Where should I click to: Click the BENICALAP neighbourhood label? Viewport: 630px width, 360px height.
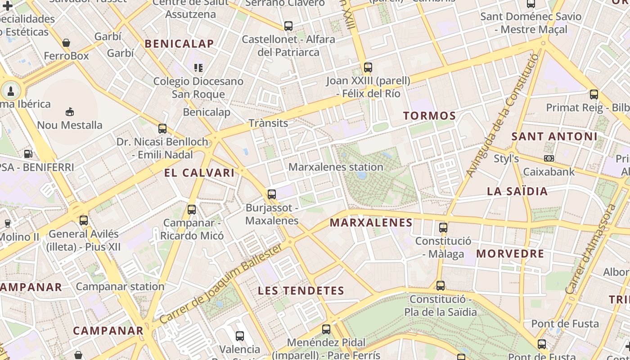click(180, 44)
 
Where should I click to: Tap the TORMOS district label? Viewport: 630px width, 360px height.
click(429, 116)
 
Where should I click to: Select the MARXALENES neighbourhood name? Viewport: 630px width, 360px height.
click(371, 222)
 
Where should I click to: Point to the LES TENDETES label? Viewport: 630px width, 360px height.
click(301, 291)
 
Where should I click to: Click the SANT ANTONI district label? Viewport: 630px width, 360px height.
click(554, 136)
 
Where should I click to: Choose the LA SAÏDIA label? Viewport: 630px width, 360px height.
click(517, 191)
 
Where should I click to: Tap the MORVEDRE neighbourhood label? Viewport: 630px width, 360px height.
click(510, 253)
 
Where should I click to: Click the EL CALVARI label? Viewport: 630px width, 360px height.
click(199, 173)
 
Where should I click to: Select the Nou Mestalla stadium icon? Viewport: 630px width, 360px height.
click(70, 112)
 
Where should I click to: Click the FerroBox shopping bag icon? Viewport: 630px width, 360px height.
click(66, 43)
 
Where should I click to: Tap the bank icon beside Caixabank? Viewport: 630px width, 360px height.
click(549, 158)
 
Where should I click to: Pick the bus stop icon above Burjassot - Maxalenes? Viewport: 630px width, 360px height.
click(272, 194)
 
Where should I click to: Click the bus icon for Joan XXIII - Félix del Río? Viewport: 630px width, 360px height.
click(368, 67)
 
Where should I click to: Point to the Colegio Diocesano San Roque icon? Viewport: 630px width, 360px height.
click(198, 68)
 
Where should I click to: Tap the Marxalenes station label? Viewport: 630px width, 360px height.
click(336, 167)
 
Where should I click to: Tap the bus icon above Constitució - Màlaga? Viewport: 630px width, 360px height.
click(443, 227)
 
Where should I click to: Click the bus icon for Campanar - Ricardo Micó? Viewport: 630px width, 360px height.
click(192, 209)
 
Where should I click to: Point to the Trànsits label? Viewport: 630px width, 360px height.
click(268, 123)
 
